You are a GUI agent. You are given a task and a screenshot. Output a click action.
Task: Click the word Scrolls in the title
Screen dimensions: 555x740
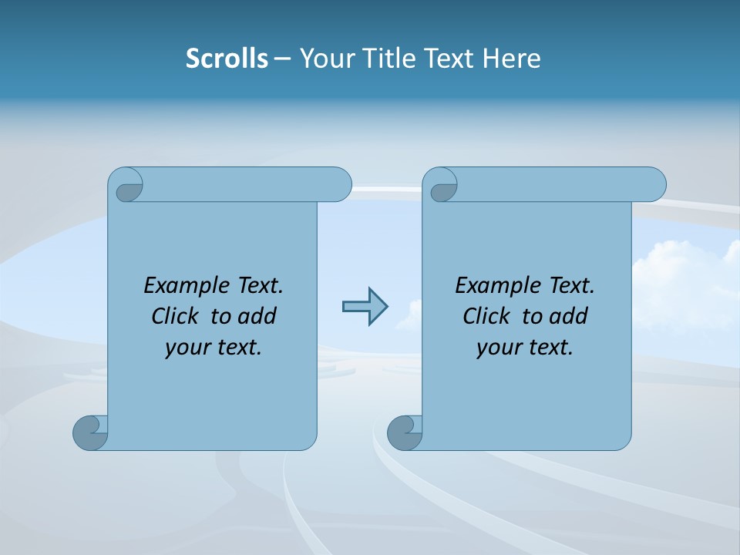tap(227, 59)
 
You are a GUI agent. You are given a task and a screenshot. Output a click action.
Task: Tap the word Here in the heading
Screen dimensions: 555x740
tap(512, 59)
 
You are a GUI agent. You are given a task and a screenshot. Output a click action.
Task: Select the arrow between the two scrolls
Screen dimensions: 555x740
tap(365, 307)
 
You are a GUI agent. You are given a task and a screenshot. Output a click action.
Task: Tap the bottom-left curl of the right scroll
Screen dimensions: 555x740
tap(404, 432)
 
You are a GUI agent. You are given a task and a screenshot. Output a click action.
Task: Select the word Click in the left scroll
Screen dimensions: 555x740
tap(175, 316)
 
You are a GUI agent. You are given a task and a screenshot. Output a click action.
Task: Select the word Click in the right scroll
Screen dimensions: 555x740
tap(486, 316)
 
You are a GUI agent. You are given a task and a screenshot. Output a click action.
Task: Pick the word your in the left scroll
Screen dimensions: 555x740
tap(185, 348)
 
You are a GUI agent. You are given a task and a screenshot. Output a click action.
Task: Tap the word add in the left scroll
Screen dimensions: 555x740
tap(257, 316)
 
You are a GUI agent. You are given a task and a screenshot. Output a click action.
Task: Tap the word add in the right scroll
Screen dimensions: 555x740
tap(569, 316)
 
